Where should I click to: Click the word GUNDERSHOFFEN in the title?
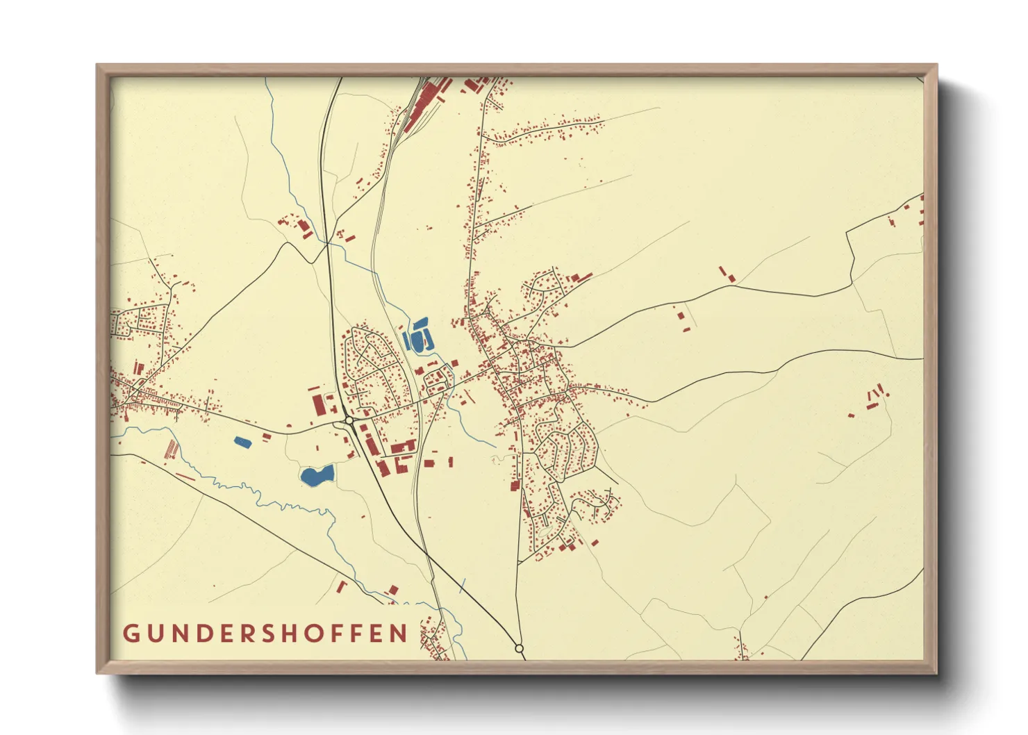266,633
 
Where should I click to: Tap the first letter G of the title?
131,634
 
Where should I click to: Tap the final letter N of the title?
399,634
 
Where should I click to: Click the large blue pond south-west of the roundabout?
317,476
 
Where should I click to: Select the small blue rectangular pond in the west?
242,441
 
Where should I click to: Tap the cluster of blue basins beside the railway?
417,337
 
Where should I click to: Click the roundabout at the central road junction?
349,420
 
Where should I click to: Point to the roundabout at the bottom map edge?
519,648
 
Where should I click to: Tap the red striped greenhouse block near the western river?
171,449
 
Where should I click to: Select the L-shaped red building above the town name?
392,591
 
